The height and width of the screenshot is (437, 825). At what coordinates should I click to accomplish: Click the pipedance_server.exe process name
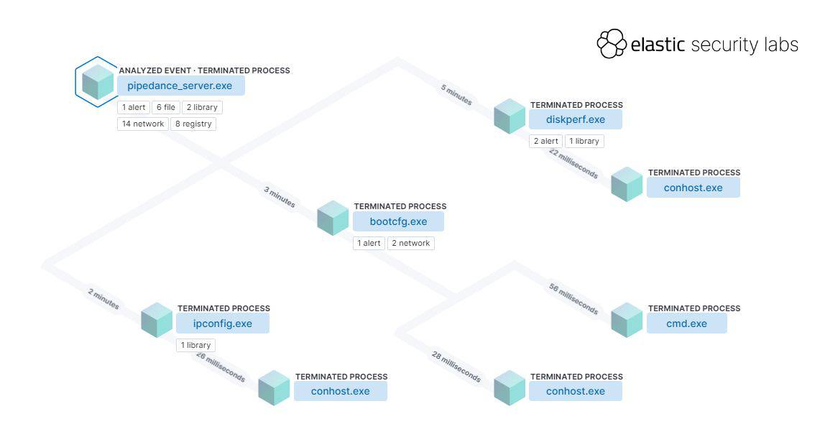(x=180, y=86)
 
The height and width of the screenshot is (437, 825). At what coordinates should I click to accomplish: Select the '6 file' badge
(x=165, y=108)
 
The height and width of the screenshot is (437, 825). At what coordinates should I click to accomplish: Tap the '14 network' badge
(x=143, y=124)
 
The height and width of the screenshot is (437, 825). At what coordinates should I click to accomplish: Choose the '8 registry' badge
(x=193, y=124)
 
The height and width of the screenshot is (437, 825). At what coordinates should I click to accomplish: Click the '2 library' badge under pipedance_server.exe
(x=201, y=108)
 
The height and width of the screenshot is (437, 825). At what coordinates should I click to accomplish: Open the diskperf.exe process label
(x=575, y=120)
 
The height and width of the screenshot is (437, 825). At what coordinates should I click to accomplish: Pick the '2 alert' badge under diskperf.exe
(x=545, y=141)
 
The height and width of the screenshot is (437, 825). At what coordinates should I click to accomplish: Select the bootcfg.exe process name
(x=398, y=221)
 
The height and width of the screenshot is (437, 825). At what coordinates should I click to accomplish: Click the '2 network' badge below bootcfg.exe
(x=411, y=243)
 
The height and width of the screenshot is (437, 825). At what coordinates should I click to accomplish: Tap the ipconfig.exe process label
(x=223, y=323)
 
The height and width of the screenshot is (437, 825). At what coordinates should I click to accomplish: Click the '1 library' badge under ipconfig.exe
(x=195, y=345)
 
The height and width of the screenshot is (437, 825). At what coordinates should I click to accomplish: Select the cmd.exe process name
(x=686, y=323)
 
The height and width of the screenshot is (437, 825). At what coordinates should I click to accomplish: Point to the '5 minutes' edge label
(x=456, y=95)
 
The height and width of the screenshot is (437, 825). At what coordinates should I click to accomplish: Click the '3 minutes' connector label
(x=280, y=197)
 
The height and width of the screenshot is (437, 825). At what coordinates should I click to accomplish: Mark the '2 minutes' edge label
(x=103, y=299)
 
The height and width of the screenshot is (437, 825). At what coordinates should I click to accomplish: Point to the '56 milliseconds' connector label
(x=573, y=298)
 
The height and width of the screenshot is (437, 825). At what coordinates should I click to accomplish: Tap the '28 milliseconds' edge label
(x=456, y=367)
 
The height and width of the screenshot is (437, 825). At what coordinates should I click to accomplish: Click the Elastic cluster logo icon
(x=612, y=44)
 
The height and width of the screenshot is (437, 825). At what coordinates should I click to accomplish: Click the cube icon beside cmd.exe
(x=627, y=320)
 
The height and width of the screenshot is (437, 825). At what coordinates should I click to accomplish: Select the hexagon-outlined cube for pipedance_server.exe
(x=98, y=82)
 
